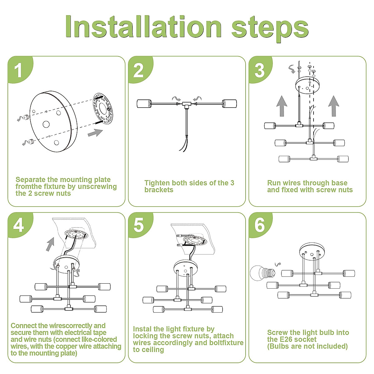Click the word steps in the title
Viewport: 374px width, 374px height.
[270, 29]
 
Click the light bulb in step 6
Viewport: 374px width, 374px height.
[263, 273]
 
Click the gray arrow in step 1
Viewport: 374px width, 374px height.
[95, 133]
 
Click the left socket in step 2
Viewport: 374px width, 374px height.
[144, 104]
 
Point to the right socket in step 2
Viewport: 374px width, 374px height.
[229, 104]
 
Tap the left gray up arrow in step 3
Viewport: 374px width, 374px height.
[282, 106]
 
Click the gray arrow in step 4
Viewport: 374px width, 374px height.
[50, 244]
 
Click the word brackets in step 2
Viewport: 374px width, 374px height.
[159, 189]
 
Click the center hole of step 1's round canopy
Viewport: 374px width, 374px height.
[46, 124]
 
